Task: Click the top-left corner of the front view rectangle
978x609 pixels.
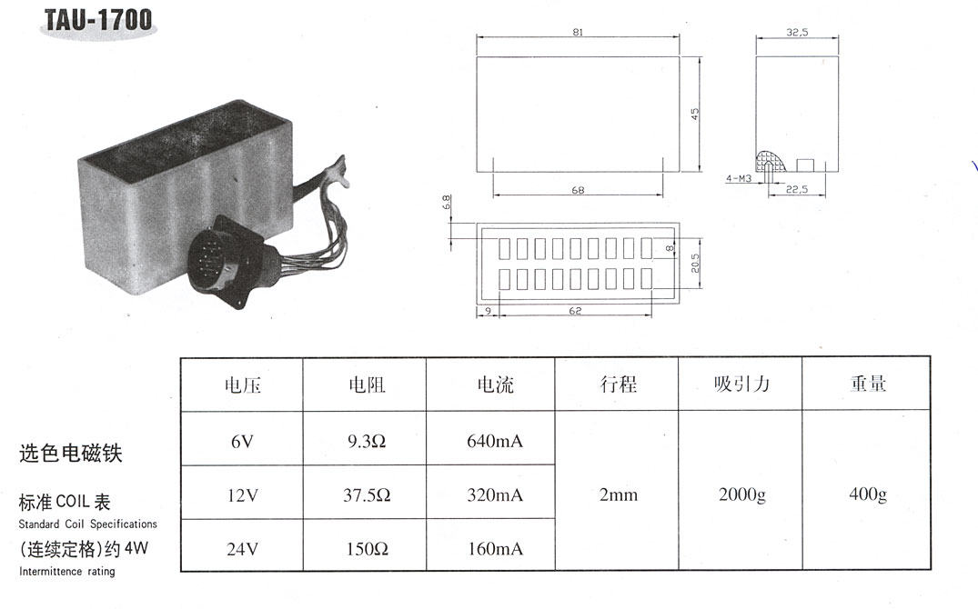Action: [x=477, y=57]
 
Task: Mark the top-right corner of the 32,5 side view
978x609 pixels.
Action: [x=838, y=56]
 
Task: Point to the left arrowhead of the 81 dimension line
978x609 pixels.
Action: [x=479, y=36]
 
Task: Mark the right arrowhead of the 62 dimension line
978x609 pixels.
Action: [x=650, y=315]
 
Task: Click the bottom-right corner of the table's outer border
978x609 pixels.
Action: [x=930, y=570]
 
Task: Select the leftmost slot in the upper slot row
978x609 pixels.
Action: [x=504, y=249]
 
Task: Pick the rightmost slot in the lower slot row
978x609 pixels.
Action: [x=647, y=279]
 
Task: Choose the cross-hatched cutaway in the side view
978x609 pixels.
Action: [x=771, y=162]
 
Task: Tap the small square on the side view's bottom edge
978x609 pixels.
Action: [x=805, y=165]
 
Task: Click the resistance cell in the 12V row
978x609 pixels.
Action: [x=367, y=495]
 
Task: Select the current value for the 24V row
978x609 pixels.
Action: [x=495, y=549]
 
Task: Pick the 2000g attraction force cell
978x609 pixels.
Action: [x=741, y=495]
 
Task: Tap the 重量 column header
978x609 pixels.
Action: [x=868, y=384]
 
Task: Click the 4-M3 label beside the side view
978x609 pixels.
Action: [x=739, y=179]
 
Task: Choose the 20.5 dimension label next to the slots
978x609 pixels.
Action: [x=695, y=263]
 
